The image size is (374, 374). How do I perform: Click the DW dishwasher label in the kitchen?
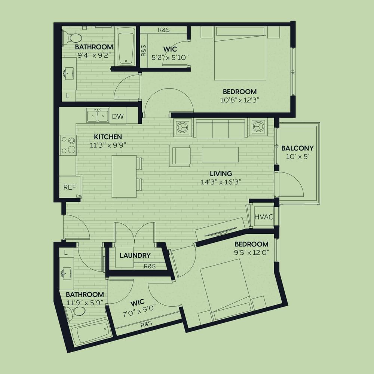click(118, 116)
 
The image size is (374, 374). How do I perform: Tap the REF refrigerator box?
click(70, 187)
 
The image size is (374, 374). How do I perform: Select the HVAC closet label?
click(264, 217)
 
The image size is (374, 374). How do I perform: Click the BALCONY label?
click(297, 148)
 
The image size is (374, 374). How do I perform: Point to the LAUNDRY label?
click(135, 255)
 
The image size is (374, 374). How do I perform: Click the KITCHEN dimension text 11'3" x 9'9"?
click(108, 145)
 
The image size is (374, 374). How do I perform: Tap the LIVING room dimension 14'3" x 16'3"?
click(221, 182)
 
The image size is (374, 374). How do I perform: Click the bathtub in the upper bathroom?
click(126, 46)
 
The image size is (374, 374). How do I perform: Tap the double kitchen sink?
click(98, 116)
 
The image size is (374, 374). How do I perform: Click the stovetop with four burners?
click(68, 145)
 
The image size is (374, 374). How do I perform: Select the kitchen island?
click(124, 177)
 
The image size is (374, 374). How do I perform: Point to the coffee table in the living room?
click(220, 154)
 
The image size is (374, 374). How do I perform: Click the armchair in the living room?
click(180, 156)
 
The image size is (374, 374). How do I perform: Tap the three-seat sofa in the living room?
click(220, 129)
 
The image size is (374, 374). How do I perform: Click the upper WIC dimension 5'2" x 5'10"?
click(170, 58)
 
